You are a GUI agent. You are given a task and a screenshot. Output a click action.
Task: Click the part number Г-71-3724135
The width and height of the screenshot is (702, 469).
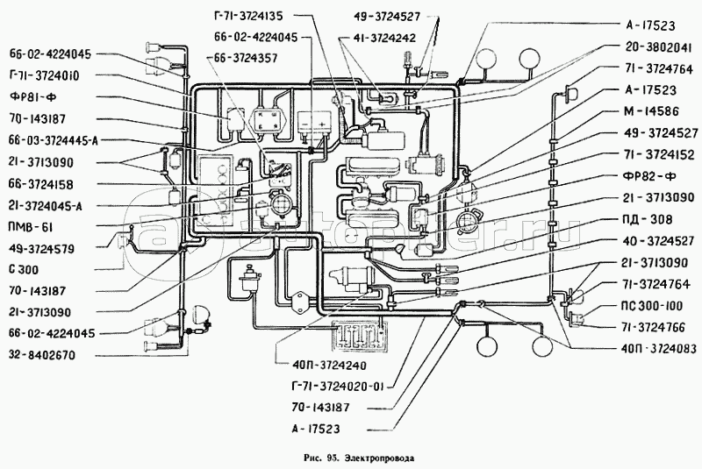pyautogui.click(x=247, y=17)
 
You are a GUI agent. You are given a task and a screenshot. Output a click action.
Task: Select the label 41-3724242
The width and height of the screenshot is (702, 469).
pyautogui.click(x=384, y=38)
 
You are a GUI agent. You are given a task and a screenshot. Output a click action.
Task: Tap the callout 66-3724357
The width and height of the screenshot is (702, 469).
pyautogui.click(x=246, y=58)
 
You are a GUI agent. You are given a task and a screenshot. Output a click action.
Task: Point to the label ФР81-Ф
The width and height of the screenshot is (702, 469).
pyautogui.click(x=32, y=96)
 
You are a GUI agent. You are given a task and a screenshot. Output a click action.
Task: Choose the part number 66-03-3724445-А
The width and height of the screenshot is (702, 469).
pyautogui.click(x=53, y=140)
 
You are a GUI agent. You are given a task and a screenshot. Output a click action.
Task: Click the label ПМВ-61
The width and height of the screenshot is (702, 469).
pyautogui.click(x=31, y=227)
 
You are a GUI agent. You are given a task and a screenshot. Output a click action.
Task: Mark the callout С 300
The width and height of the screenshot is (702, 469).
pyautogui.click(x=24, y=270)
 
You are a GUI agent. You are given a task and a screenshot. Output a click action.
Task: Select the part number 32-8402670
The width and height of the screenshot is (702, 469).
pyautogui.click(x=42, y=356)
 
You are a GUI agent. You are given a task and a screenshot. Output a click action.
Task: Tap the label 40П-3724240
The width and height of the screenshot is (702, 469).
pyautogui.click(x=327, y=366)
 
